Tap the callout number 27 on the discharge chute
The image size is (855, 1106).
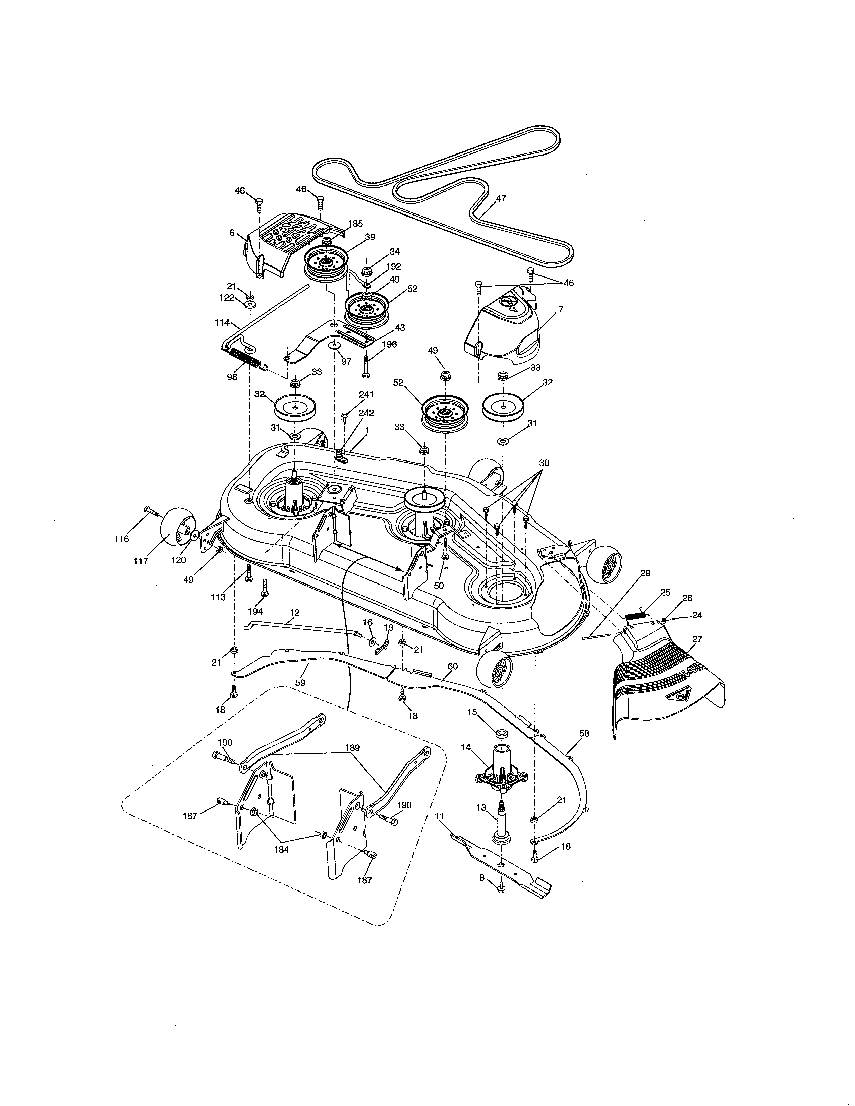[x=697, y=639]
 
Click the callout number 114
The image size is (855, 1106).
[x=222, y=322]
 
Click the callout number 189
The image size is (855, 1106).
[x=352, y=747]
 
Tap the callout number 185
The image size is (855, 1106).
[x=355, y=223]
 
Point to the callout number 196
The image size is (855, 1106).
[x=389, y=344]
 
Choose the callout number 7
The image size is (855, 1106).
[x=561, y=309]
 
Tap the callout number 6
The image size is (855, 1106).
[x=232, y=233]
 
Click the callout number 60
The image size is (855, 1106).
[x=452, y=666]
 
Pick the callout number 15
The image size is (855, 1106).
[x=472, y=712]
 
